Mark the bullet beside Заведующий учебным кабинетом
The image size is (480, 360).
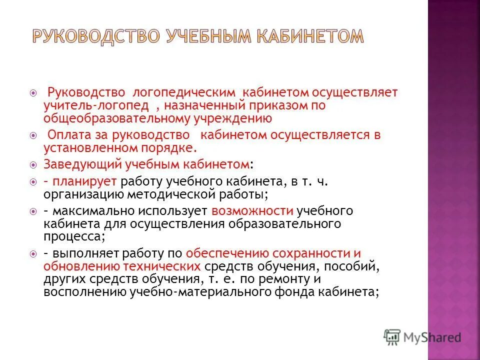click(x=33, y=164)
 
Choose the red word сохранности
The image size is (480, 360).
click(x=309, y=254)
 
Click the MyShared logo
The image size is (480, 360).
click(x=422, y=337)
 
